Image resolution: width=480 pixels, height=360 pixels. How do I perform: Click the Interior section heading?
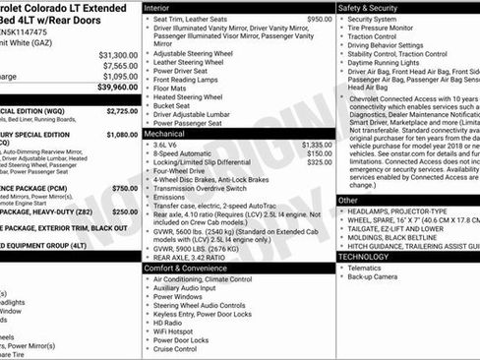tap(157, 7)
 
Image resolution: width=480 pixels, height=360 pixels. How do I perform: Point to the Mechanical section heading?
tap(164, 132)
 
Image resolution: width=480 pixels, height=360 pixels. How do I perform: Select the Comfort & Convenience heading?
tap(183, 268)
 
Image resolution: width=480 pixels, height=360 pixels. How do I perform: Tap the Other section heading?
tap(349, 200)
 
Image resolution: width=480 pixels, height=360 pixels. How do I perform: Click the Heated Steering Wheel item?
tap(194, 97)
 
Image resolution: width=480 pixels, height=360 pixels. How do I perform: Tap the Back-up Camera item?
tap(375, 276)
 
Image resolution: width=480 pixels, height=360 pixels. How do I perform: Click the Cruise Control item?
tap(176, 349)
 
